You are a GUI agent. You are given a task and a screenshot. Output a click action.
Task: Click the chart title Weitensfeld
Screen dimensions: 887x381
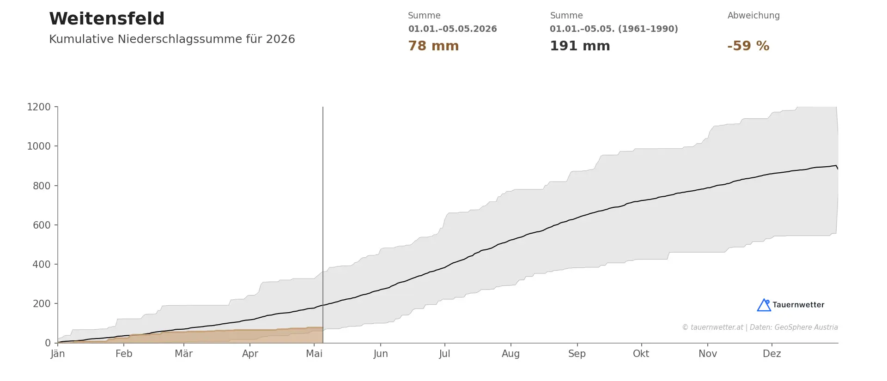[107, 19]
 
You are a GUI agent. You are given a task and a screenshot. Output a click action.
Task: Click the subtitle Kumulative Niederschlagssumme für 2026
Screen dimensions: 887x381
[172, 39]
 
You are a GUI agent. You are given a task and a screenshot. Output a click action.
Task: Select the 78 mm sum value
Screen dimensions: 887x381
[433, 46]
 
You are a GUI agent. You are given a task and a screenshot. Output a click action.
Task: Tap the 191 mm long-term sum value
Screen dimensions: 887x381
[580, 46]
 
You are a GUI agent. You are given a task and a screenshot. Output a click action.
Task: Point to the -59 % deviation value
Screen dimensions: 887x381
[748, 46]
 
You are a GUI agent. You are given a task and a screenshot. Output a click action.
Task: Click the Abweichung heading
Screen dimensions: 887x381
[753, 16]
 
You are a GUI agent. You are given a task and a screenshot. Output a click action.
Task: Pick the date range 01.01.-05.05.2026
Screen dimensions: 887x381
[452, 29]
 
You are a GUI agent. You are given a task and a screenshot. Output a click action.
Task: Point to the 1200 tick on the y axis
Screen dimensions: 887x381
[39, 107]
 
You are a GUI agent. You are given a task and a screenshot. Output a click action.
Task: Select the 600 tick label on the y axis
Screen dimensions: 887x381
[42, 225]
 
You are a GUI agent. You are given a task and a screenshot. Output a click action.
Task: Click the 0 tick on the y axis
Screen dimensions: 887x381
[48, 343]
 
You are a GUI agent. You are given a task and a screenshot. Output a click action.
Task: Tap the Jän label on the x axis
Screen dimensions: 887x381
[58, 354]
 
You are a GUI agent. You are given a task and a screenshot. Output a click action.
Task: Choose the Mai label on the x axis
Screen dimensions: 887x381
[314, 354]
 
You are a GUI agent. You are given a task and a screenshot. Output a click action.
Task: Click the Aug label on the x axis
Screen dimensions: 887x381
[510, 354]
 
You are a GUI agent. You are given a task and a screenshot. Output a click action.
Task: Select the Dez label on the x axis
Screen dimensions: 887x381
[772, 354]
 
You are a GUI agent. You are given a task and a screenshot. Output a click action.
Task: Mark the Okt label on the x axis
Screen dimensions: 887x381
[641, 354]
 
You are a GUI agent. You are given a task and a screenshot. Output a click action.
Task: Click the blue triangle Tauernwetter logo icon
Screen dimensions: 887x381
[764, 305]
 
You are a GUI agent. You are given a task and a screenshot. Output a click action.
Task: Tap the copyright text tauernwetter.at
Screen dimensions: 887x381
[717, 327]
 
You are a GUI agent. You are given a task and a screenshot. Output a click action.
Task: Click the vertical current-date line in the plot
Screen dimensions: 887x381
[323, 225]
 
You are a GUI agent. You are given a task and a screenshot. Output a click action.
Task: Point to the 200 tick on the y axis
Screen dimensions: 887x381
[42, 304]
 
